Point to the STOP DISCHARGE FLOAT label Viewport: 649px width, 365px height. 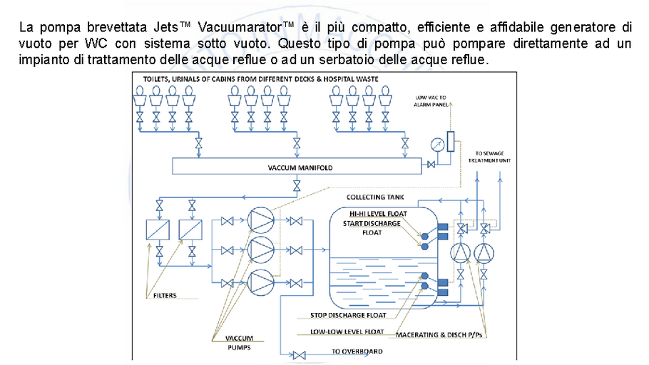[x=349, y=314]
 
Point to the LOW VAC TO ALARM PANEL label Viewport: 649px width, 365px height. [x=432, y=101]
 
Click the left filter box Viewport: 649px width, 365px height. [x=157, y=230]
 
